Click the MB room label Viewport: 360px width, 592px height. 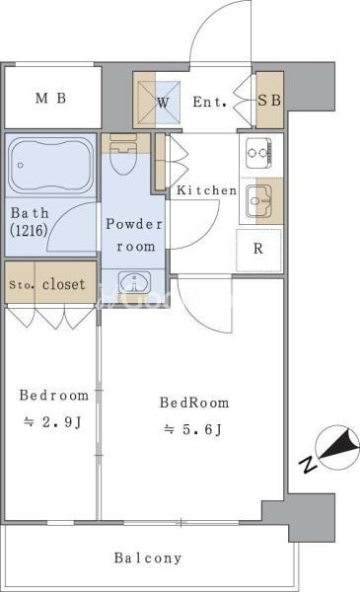coord(51,98)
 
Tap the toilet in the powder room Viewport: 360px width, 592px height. coord(122,154)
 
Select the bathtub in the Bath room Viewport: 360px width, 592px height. coord(51,166)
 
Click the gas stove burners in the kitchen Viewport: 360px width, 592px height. coord(258,153)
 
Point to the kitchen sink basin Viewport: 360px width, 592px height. coord(258,201)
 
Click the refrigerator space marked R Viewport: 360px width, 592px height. coord(258,250)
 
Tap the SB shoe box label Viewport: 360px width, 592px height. coord(269,101)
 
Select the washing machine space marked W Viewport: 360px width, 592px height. coord(163,102)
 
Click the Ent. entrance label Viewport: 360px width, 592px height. coord(209,102)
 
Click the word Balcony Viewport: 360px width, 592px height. coord(148,557)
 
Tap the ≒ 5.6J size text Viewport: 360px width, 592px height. coord(192,429)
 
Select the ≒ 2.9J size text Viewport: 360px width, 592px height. coord(52,422)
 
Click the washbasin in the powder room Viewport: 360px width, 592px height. coord(134,282)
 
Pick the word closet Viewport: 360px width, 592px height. coord(64,284)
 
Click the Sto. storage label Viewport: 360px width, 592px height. coord(21,285)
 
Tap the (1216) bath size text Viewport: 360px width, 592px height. coord(29,230)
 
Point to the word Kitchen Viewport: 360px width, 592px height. coord(207,189)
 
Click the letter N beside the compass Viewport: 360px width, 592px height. coord(308,465)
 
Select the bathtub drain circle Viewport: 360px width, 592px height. coord(21,166)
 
